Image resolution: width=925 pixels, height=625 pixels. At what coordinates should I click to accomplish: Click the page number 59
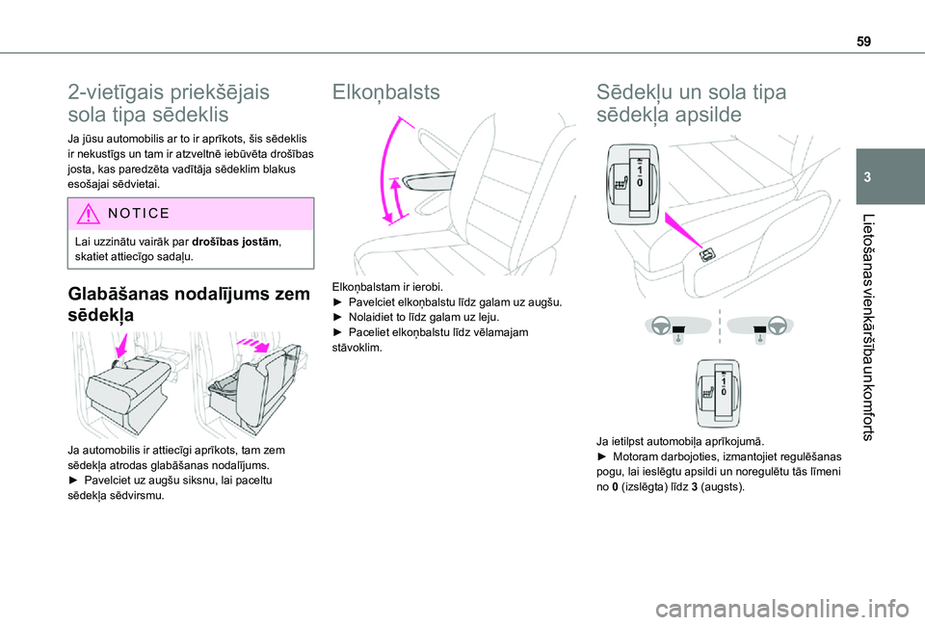(863, 41)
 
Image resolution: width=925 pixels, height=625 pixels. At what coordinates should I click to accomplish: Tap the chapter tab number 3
(867, 177)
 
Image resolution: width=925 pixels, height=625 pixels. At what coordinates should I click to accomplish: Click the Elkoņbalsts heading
(385, 92)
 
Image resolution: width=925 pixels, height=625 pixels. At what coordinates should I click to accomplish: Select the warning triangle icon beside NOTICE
(88, 214)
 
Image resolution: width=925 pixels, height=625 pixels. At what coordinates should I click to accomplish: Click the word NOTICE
(139, 214)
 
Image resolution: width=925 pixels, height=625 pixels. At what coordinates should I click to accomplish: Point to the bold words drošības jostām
(236, 242)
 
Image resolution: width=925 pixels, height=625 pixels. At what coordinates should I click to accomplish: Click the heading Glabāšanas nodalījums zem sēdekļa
(189, 303)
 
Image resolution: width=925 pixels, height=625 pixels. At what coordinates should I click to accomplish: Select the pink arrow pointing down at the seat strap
(122, 345)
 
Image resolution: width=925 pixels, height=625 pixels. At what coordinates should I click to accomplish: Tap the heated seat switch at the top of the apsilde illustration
(633, 184)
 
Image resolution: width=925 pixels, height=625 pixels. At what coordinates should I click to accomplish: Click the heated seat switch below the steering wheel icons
(717, 393)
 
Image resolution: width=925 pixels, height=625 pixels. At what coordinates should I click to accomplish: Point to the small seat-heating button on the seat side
(707, 254)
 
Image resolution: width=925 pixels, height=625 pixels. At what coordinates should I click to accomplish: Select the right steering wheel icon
(777, 325)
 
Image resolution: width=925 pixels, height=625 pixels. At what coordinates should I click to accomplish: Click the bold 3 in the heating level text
(695, 487)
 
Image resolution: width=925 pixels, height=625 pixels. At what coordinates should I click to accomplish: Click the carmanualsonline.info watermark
(781, 608)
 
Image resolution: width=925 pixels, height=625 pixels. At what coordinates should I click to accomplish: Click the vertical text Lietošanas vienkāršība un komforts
(867, 327)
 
